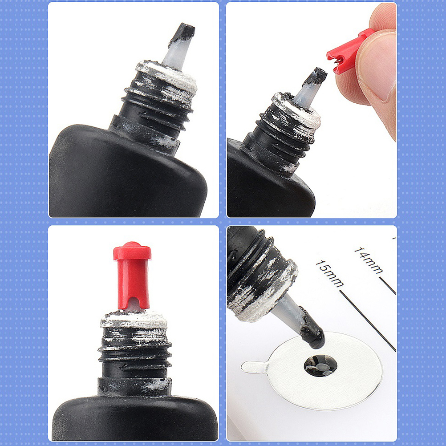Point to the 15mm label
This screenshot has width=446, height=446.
(329, 273)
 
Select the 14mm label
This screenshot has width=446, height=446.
(368, 260)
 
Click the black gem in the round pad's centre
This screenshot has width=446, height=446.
(320, 365)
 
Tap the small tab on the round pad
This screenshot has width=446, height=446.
(254, 367)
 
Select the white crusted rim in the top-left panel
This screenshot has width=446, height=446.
(167, 76)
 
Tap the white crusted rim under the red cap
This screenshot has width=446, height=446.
(134, 319)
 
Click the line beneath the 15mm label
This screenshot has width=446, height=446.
(368, 321)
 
